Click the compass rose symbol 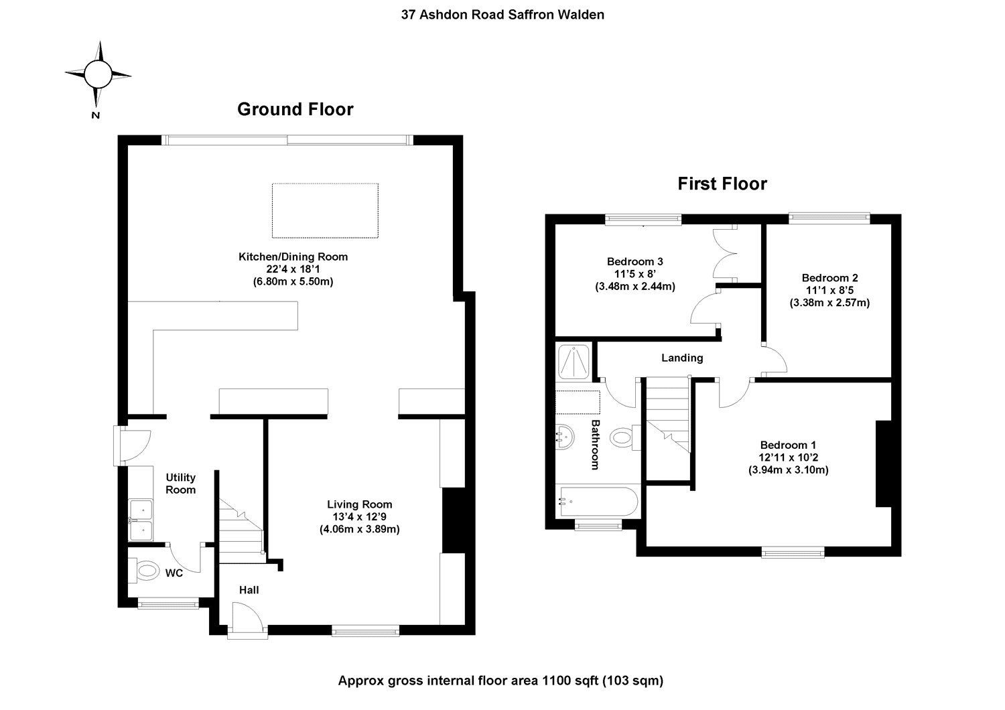pos(98,74)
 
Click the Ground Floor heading pos(295,109)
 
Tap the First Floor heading pos(722,184)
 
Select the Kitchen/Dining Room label pos(293,257)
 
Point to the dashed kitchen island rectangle pos(325,210)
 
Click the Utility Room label pos(181,483)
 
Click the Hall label pos(249,590)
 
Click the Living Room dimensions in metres pos(360,529)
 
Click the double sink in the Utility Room pos(141,520)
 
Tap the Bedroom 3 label pos(634,261)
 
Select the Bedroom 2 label pos(829,277)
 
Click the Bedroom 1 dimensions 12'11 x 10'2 pos(788,457)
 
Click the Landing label pos(682,358)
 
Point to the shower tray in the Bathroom pos(574,361)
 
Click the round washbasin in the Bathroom pos(565,437)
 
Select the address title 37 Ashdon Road pos(503,14)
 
